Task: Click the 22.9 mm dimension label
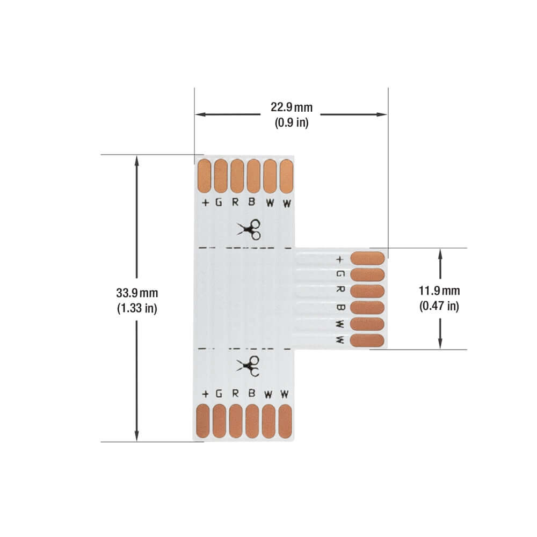coord(291,107)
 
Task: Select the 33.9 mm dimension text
coord(137,293)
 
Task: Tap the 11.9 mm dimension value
coord(439,291)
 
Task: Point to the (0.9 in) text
coord(292,122)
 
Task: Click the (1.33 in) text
coord(137,309)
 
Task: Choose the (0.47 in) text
coord(439,307)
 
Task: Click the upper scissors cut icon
coord(249,230)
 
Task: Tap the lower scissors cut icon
coord(249,366)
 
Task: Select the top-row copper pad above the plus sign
coord(204,176)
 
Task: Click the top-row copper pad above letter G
coord(221,176)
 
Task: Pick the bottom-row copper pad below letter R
coord(236,420)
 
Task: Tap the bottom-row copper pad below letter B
coord(252,420)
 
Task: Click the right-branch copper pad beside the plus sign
coord(367,258)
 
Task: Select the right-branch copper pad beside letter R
coord(367,291)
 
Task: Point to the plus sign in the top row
coord(205,203)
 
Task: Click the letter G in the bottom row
coord(219,394)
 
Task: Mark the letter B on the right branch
coord(339,307)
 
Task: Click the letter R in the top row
coord(235,203)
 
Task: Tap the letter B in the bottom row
coord(251,394)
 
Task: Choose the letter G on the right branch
coord(339,274)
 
